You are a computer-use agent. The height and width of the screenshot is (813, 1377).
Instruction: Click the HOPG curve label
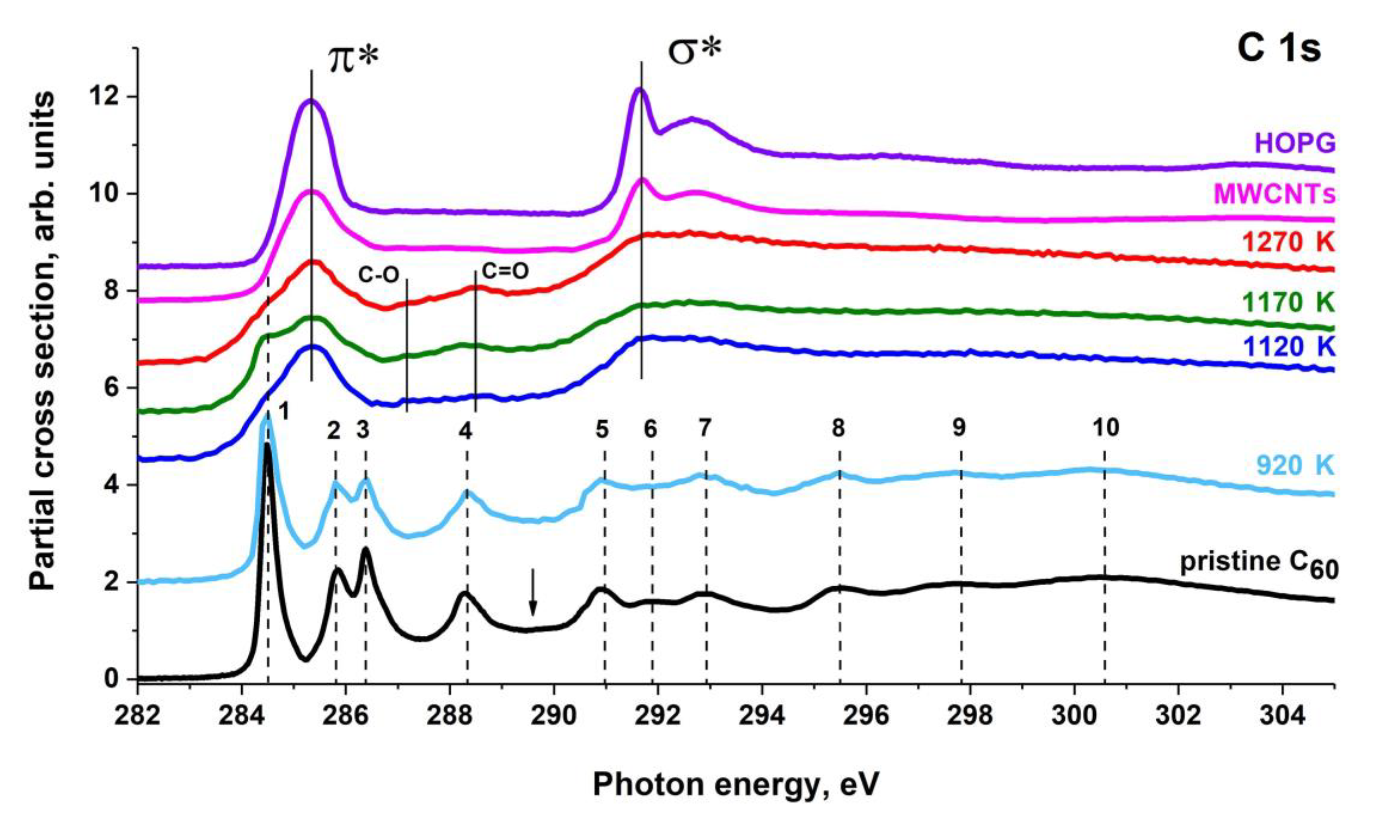click(x=1302, y=143)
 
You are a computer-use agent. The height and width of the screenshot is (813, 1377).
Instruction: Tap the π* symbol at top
click(x=353, y=59)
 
